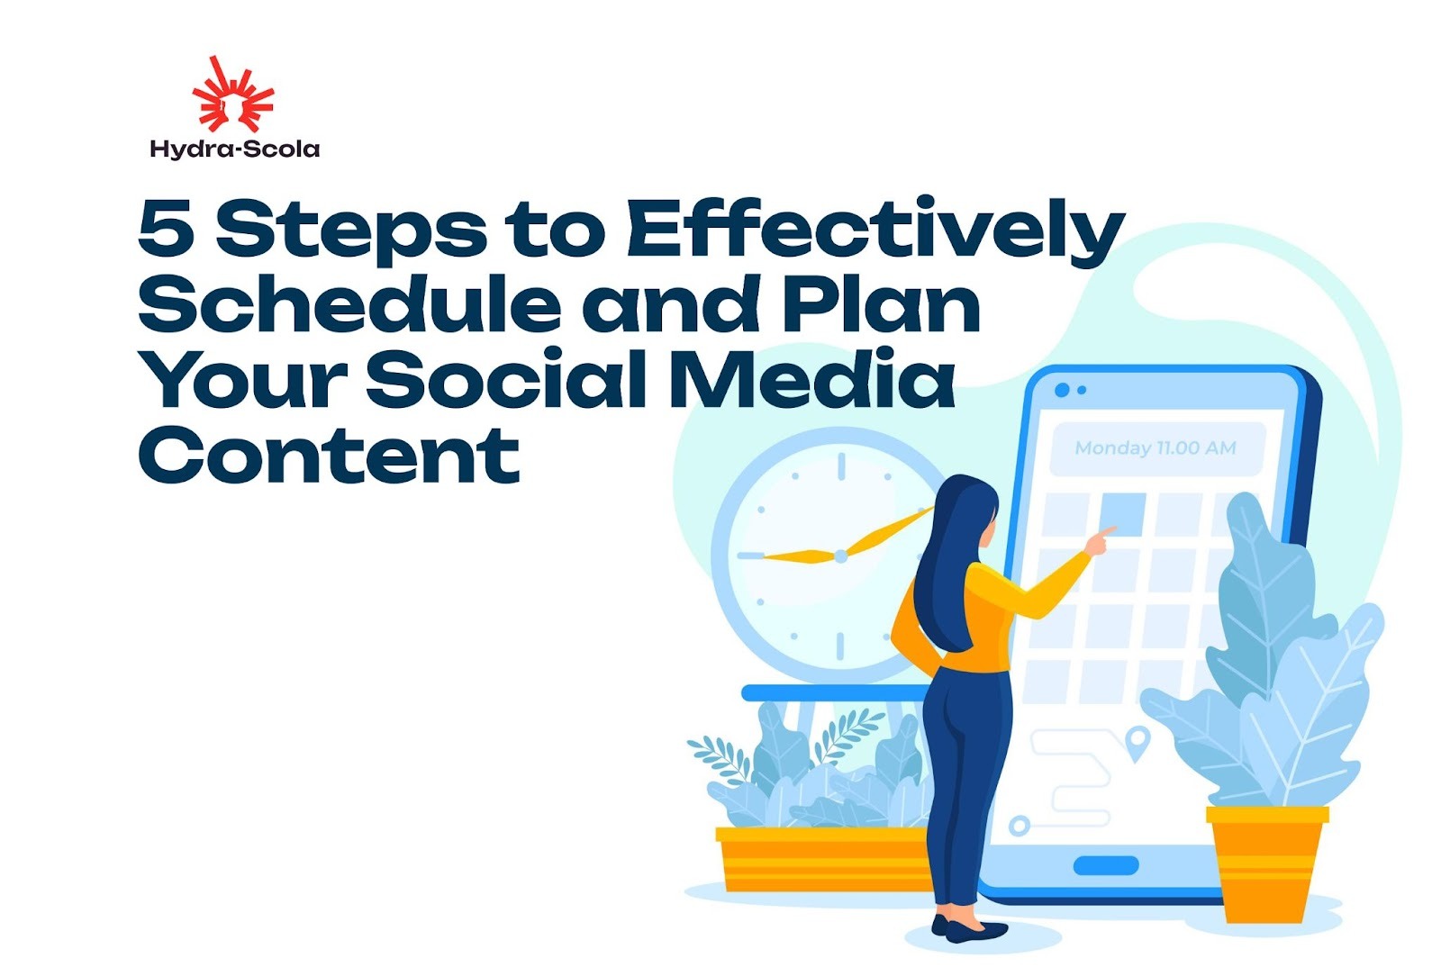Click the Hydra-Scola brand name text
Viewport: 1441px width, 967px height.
(x=234, y=149)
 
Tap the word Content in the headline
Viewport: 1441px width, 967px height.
(x=329, y=454)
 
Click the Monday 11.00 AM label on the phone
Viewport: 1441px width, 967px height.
(x=1155, y=447)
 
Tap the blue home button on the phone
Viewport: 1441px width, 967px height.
(x=1105, y=865)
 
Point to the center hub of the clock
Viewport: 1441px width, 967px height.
(x=840, y=556)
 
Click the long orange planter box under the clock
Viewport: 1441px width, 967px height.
(x=820, y=860)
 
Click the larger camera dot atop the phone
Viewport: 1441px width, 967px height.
(x=1061, y=390)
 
